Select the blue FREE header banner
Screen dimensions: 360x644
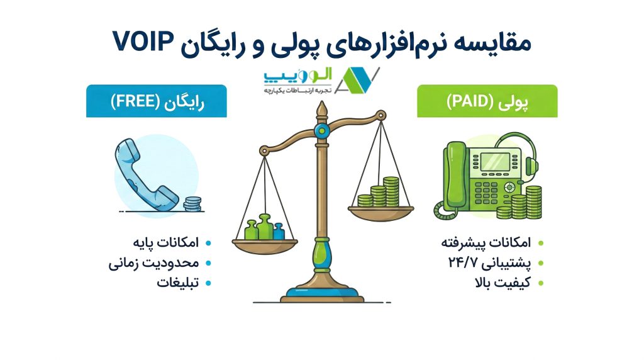(x=157, y=101)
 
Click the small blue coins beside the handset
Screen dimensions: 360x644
(x=192, y=204)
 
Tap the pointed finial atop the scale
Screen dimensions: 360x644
(x=322, y=110)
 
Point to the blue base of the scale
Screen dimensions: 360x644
(x=322, y=292)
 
